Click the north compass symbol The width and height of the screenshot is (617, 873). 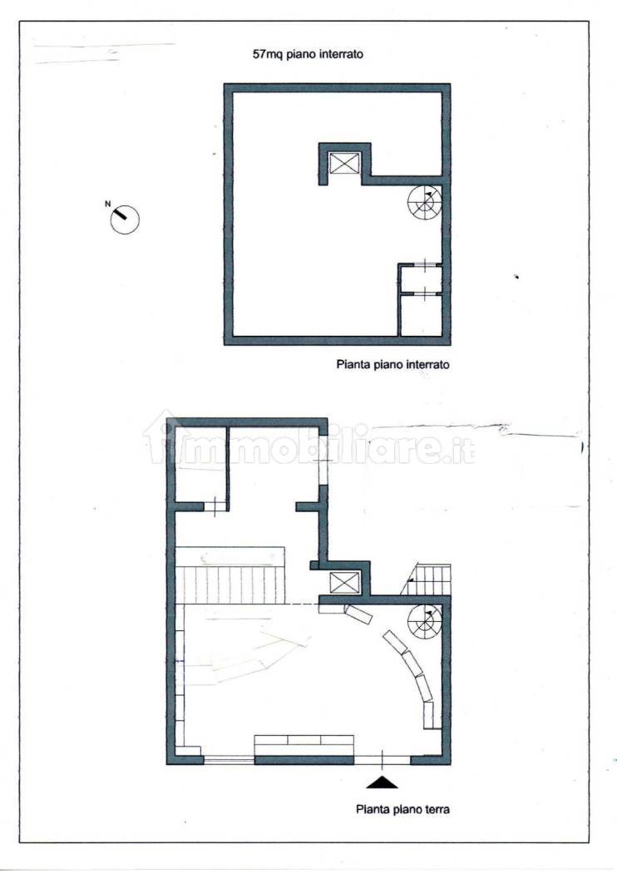(125, 219)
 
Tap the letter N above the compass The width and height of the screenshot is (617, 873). (107, 203)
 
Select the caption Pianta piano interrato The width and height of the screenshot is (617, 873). (392, 364)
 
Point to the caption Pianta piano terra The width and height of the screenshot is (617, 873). (402, 807)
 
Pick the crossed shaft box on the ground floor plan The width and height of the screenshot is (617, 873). (344, 581)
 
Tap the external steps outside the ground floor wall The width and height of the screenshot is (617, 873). (432, 579)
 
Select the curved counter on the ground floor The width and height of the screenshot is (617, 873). (412, 668)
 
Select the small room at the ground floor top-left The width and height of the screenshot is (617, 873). (200, 466)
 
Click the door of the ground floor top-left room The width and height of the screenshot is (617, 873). (215, 506)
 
